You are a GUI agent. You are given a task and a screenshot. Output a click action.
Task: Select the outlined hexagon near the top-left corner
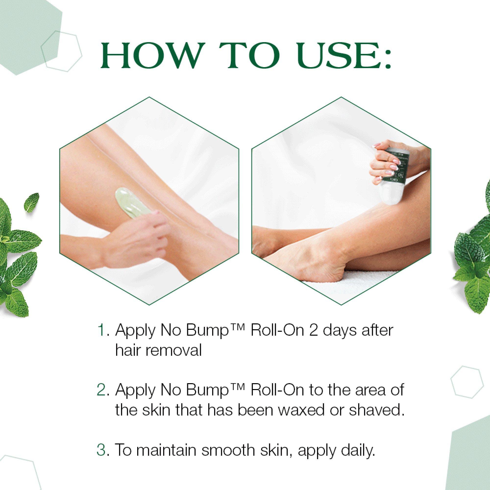[61, 51]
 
